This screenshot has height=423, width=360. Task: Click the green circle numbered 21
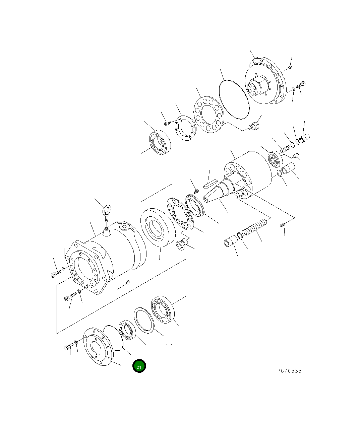(139, 366)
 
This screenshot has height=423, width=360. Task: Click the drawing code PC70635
(289, 371)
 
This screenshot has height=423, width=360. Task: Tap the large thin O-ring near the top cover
(234, 99)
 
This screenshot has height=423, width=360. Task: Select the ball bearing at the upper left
(160, 144)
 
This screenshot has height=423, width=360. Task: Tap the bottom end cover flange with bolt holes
(97, 347)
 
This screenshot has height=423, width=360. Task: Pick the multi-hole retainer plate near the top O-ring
(208, 114)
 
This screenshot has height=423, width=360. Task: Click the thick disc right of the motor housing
(158, 228)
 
